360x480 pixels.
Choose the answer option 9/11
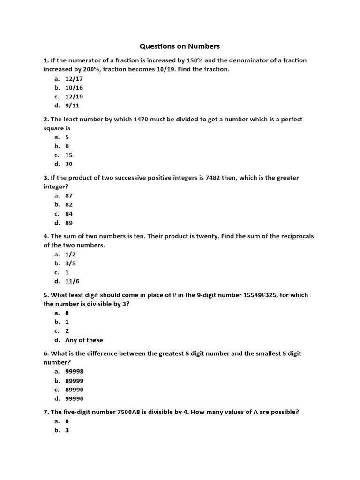pos(72,105)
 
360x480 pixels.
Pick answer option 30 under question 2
pos(69,164)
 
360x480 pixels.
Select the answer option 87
pos(69,196)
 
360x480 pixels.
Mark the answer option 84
pos(69,214)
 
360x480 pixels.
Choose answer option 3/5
pos(70,263)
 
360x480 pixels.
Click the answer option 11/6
pos(72,281)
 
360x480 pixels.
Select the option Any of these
pos(84,340)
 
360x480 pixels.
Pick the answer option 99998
pos(74,372)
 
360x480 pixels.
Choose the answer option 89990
pos(74,390)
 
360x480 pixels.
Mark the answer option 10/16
pos(74,88)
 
